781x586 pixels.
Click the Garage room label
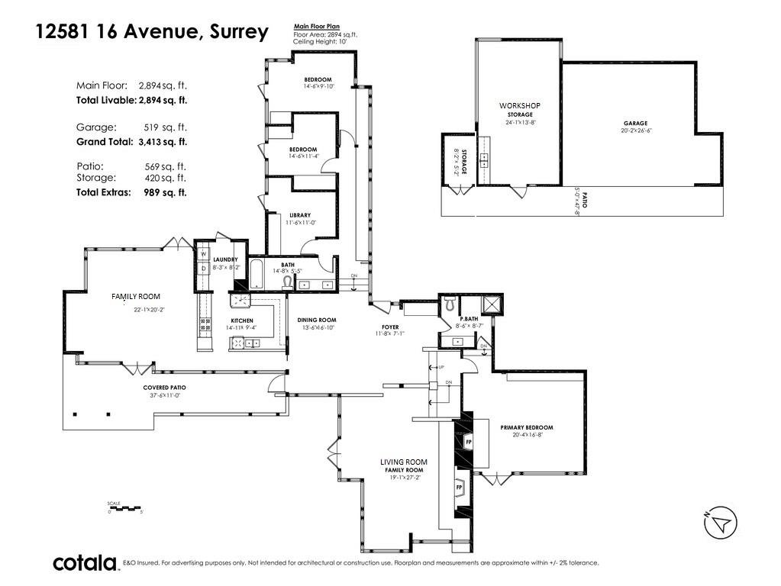click(x=634, y=123)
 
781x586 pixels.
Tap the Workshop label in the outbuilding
click(x=519, y=105)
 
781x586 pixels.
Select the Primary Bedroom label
click(x=526, y=427)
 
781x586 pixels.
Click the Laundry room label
click(x=225, y=259)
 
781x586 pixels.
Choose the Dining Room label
click(x=317, y=320)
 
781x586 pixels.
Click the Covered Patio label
click(x=165, y=388)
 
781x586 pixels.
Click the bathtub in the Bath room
click(x=257, y=276)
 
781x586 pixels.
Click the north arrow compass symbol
click(x=720, y=523)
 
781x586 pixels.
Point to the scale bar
click(x=125, y=507)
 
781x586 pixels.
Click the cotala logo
click(x=84, y=563)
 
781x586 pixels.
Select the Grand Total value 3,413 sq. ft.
click(x=162, y=142)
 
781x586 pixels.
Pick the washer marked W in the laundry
click(x=203, y=254)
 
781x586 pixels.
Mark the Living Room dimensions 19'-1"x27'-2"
click(x=404, y=478)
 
